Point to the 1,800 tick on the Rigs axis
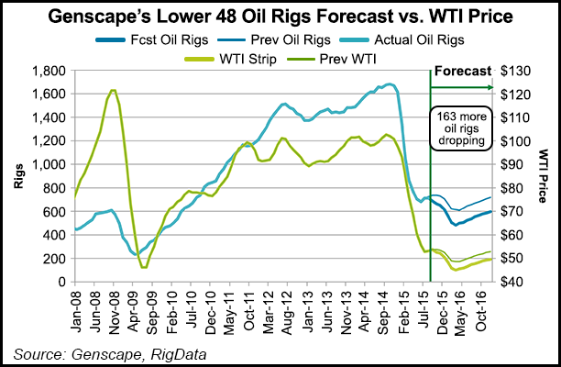point(53,71)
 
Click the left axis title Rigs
point(18,176)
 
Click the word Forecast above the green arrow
point(462,71)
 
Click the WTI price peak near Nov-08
point(112,90)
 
